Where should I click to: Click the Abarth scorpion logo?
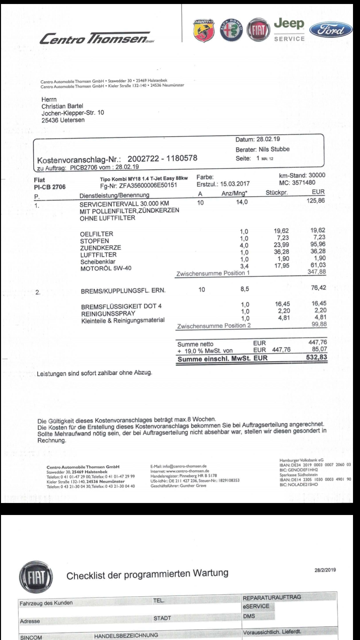pyautogui.click(x=202, y=31)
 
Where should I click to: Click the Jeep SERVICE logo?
pyautogui.click(x=289, y=30)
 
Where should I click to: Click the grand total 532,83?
pyautogui.click(x=316, y=358)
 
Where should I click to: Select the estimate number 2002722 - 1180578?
pyautogui.click(x=162, y=158)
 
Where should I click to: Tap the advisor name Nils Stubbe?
pyautogui.click(x=274, y=149)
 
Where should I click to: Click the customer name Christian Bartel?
pyautogui.click(x=62, y=106)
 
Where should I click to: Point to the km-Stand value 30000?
pyautogui.click(x=317, y=175)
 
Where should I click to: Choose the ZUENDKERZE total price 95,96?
pyautogui.click(x=318, y=244)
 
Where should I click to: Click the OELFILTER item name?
pyautogui.click(x=97, y=234)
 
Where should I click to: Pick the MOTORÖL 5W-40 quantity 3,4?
pyautogui.click(x=244, y=266)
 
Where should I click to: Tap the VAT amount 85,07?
pyautogui.click(x=318, y=349)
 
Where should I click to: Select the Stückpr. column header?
pyautogui.click(x=277, y=193)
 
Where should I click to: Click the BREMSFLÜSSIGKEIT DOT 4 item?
pyautogui.click(x=121, y=306)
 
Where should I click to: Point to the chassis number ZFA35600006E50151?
pyautogui.click(x=148, y=186)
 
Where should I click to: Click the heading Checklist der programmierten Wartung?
pyautogui.click(x=147, y=574)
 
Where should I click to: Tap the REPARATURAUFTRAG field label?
pyautogui.click(x=272, y=597)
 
